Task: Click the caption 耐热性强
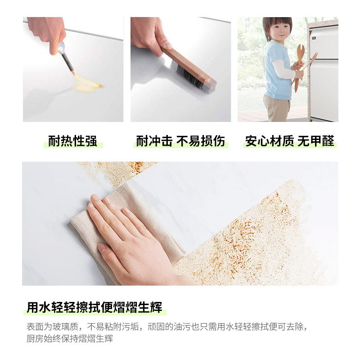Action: (72, 141)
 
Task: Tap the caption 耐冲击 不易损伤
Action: (180, 141)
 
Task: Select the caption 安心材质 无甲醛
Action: (290, 141)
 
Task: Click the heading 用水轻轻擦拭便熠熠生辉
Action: (94, 308)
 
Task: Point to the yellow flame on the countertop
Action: (85, 83)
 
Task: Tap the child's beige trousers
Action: (277, 108)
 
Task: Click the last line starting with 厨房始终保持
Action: (70, 339)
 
